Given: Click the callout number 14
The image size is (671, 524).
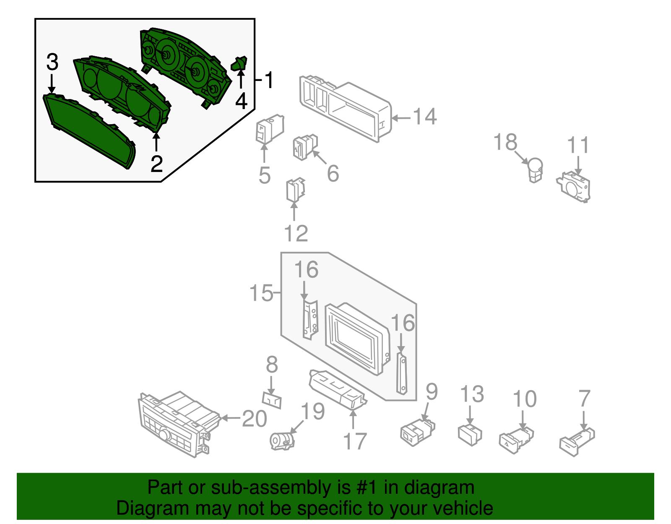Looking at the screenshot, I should click(425, 116).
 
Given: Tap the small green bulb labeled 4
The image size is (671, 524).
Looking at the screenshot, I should click(239, 64).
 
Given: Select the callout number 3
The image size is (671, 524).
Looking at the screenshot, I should click(52, 62).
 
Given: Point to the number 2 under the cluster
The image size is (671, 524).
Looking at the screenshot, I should click(156, 164).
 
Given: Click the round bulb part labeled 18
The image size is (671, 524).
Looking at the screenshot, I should click(536, 169).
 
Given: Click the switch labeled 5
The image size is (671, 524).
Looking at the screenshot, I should click(269, 129).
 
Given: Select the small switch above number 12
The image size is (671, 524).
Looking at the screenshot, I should click(295, 190).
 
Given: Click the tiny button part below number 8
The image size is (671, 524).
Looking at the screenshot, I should click(272, 400).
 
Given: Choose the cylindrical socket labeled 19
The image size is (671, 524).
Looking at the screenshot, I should click(282, 441).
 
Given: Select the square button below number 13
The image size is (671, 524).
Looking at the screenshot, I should click(470, 435).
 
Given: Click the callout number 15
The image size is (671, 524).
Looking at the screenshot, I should click(261, 292).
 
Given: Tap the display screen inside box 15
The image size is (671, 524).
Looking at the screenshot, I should click(356, 338).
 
